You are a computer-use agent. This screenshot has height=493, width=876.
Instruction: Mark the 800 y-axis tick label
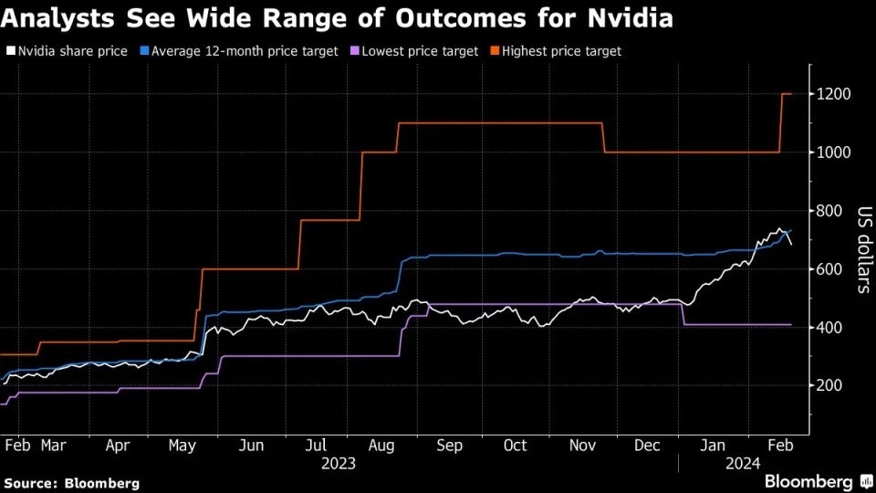click(830, 211)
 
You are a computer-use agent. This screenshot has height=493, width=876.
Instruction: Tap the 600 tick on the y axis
click(830, 269)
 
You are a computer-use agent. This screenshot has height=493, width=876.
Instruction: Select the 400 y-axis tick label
click(830, 328)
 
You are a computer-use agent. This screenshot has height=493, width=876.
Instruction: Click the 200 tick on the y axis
click(830, 386)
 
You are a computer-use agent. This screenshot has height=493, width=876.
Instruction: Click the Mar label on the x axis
click(52, 446)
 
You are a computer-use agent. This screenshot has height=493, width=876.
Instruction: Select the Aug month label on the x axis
click(382, 446)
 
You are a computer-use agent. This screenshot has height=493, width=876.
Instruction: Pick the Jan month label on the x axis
click(713, 446)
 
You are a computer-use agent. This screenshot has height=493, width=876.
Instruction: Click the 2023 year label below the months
click(339, 464)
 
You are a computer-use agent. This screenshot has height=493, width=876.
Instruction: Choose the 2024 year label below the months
click(742, 464)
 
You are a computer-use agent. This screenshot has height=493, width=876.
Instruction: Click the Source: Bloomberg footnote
click(72, 482)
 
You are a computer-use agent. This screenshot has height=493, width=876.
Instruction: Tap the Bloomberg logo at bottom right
click(808, 481)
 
